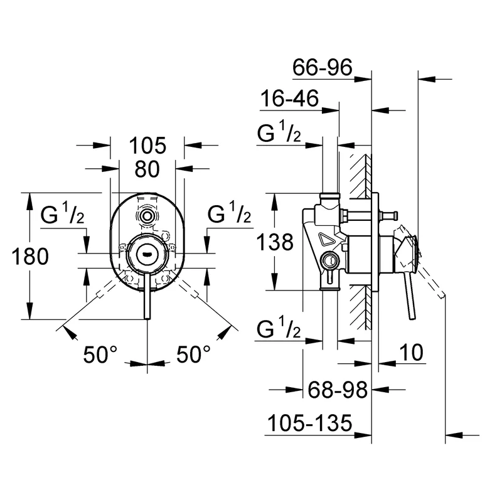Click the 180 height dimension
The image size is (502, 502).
click(x=29, y=256)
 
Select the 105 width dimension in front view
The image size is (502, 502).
click(x=147, y=146)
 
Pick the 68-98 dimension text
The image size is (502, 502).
click(x=337, y=390)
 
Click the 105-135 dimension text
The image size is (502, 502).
click(x=307, y=424)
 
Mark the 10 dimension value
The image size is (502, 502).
click(x=412, y=353)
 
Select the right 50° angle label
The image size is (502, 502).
click(x=193, y=355)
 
